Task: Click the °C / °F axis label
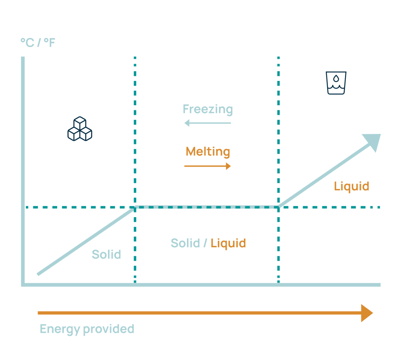coord(38,42)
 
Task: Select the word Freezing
coord(208,109)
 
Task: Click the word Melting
coord(208,151)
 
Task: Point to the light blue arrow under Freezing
coord(208,123)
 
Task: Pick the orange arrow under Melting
coord(208,166)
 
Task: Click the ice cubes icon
coord(79,130)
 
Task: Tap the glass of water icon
coord(336,83)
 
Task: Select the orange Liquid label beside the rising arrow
coord(351,186)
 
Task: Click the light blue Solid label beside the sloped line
coord(106,255)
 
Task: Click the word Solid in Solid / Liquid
coord(185,243)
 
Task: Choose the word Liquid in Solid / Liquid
coord(228,243)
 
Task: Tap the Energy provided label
coord(87,329)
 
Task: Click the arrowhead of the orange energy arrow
coord(367,313)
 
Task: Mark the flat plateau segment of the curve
coord(207,206)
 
